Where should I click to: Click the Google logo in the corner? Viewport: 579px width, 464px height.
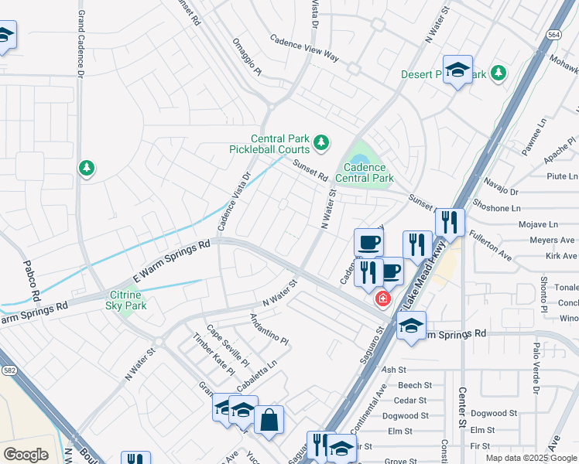[26, 454]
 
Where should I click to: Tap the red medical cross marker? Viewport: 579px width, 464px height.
[382, 299]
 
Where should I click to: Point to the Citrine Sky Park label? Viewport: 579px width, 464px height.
[125, 300]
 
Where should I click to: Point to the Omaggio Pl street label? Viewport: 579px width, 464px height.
[248, 57]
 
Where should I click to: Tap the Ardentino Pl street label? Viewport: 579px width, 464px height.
[269, 329]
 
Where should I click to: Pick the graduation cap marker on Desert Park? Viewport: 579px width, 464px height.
[457, 70]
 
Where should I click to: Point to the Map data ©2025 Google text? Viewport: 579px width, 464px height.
[530, 458]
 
